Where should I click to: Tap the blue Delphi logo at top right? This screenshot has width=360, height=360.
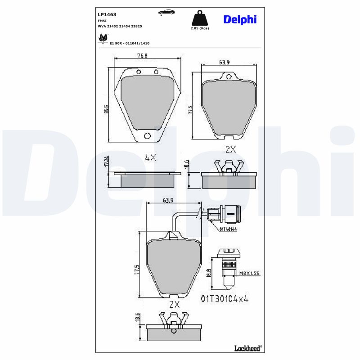coord(240,19)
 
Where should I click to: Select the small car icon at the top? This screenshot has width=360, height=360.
coord(166,12)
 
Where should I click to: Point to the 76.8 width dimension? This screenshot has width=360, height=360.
coord(143,56)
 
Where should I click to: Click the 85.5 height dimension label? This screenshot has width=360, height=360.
coord(106,109)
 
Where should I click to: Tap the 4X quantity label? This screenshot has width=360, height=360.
coord(150,157)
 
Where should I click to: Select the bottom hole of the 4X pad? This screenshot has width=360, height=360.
coord(147,136)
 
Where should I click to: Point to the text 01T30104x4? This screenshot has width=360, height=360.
coord(225,299)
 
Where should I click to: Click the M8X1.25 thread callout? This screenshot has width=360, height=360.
coord(249,273)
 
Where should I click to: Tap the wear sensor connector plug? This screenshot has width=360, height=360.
coord(225,214)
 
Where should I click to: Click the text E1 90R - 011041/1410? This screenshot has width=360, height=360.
coord(130,43)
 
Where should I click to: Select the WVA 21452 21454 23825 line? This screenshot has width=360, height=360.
coord(120,27)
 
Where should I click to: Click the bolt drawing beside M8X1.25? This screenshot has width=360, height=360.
coord(229,269)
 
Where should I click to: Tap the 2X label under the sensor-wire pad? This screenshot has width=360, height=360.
coord(174,305)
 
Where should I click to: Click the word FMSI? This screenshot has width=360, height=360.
coord(102,21)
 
